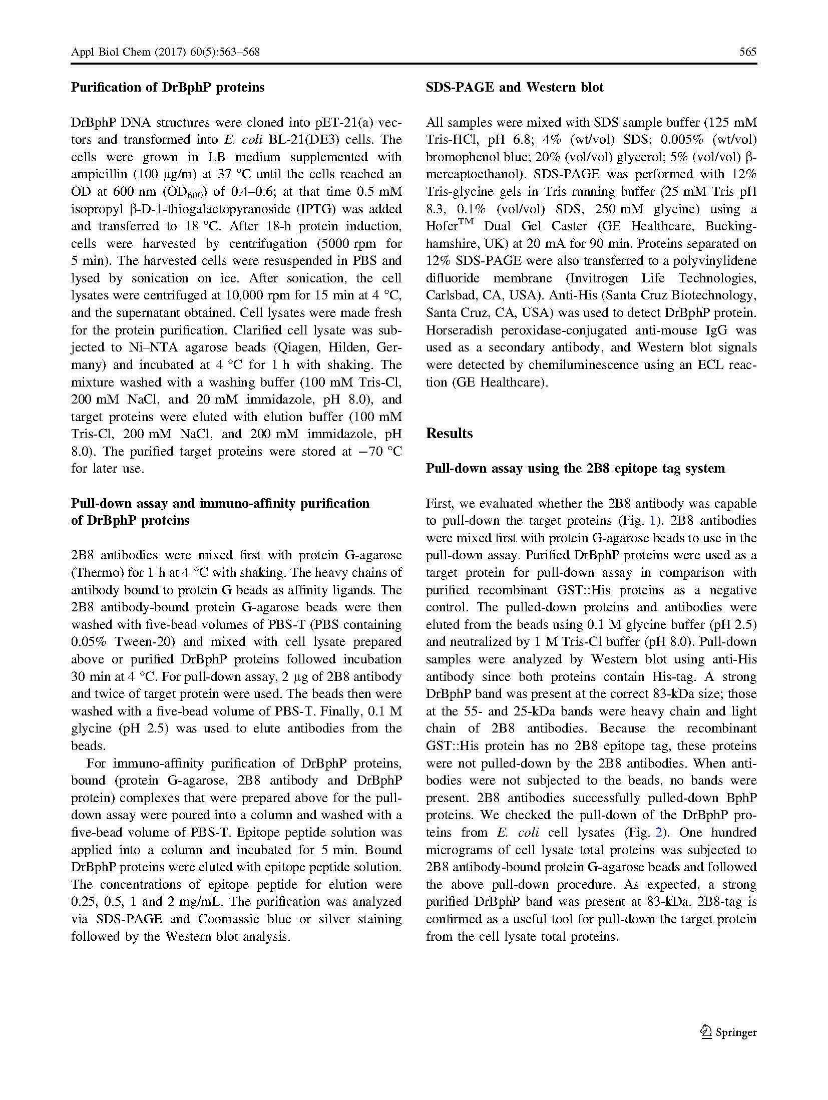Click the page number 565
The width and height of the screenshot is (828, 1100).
[x=747, y=52]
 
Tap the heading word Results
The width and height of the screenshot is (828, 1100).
[x=449, y=433]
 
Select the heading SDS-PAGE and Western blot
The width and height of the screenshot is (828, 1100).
[x=514, y=87]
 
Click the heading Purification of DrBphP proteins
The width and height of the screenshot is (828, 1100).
[x=167, y=87]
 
